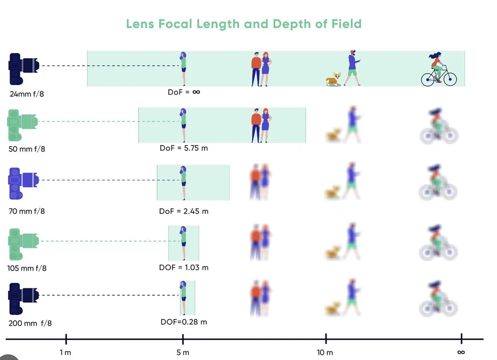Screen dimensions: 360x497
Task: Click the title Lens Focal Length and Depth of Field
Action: [244, 24]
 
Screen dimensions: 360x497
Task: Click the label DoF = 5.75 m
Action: [183, 148]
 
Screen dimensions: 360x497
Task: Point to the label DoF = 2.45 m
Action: [183, 211]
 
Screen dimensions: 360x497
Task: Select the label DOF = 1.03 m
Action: [183, 268]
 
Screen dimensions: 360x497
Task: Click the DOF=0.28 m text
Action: [183, 322]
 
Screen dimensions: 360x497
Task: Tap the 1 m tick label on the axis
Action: [66, 353]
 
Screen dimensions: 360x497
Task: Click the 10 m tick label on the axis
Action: [325, 353]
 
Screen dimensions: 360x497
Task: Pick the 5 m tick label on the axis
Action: [183, 353]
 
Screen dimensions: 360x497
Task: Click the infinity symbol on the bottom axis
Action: [461, 353]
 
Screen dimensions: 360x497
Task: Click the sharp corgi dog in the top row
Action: [333, 79]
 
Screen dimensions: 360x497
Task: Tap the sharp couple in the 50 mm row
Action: [261, 125]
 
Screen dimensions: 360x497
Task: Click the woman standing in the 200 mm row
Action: [183, 297]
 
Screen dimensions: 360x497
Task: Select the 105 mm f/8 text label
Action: [28, 269]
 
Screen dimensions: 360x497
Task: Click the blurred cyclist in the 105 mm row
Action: [438, 243]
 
